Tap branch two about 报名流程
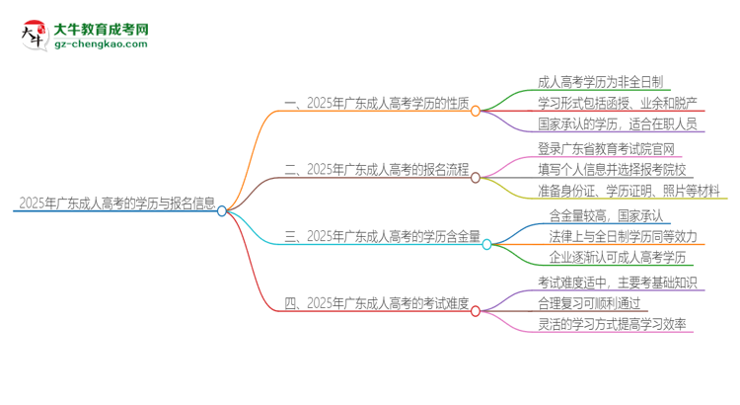(376, 169)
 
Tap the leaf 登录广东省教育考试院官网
(607, 147)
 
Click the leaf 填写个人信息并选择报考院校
(613, 169)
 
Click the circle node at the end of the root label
(222, 210)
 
